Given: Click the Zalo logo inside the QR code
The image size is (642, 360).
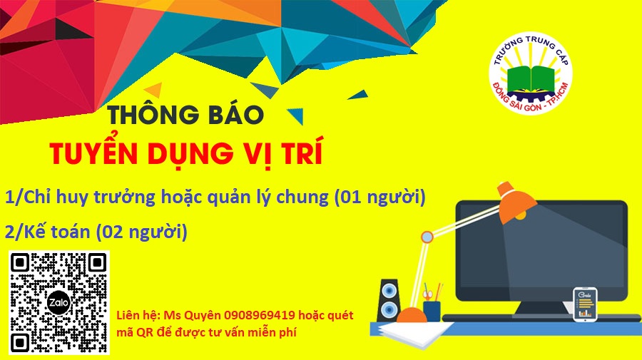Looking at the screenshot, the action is tap(59, 303).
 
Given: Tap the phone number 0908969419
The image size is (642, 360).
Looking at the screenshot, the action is tap(260, 315).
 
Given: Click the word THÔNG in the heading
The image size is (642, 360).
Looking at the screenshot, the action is tap(155, 115).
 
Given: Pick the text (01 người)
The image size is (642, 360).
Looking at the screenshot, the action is tap(380, 197).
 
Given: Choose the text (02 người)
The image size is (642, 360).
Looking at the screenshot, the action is tap(141, 232).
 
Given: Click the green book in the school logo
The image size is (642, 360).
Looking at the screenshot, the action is tap(531, 80).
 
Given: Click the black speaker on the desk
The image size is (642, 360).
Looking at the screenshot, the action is tap(389, 300).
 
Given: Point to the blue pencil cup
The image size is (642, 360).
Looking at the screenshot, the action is tap(432, 311).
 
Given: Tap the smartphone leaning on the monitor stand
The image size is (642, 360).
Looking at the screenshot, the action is tap(585, 305).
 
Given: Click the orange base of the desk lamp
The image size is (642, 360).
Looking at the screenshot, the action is tap(411, 314).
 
